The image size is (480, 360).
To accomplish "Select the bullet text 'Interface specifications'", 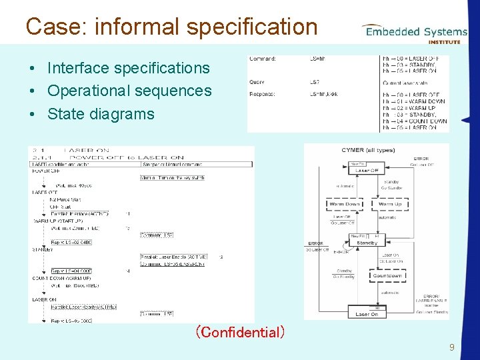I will [129, 68].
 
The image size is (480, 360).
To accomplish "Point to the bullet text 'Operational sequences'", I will [129, 91].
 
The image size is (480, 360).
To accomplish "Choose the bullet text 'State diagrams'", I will [101, 113].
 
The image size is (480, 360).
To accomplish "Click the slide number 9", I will [452, 347].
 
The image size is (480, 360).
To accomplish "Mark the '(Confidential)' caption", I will [239, 331].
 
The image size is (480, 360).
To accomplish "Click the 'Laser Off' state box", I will [367, 171].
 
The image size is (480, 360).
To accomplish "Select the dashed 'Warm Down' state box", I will [344, 204].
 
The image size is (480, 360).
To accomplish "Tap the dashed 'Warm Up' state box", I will [389, 204].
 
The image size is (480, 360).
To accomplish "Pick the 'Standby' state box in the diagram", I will [367, 243].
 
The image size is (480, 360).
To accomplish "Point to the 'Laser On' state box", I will [367, 313].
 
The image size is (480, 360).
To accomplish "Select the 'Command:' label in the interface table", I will [262, 59].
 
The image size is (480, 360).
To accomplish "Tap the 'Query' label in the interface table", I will [257, 82].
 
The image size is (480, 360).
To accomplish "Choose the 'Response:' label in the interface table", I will [263, 95].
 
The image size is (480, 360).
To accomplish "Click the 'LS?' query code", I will [314, 82].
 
